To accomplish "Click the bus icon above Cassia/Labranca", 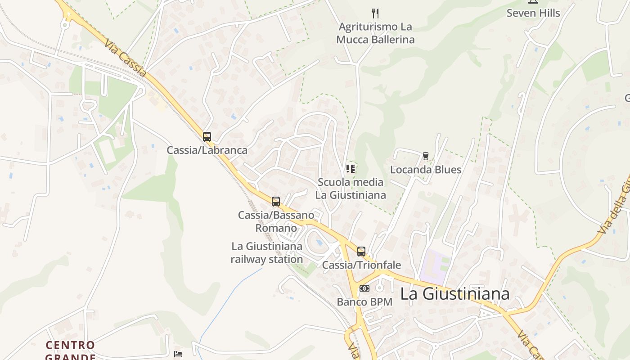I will point(207,136).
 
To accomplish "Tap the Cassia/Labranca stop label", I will point(207,150).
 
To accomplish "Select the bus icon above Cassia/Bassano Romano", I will point(276,201).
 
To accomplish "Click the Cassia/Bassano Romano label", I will point(276,221).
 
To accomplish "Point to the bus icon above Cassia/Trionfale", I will point(361,251).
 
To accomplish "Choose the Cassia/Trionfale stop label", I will point(361,265).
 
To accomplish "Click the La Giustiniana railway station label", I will point(267,253).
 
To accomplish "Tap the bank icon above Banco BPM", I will point(364,288).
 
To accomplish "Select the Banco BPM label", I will point(364,302).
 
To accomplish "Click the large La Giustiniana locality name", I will point(454,294).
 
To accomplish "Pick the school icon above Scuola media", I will point(351,169).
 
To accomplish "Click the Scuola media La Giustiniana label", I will point(351,189).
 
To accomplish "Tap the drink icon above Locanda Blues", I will point(426,156).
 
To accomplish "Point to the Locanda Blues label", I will point(426,170).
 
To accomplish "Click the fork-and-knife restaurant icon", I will point(375,13).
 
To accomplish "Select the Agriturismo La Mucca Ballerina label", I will point(375,33).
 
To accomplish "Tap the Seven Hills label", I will point(533,13).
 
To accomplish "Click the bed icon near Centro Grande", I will point(178,354).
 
